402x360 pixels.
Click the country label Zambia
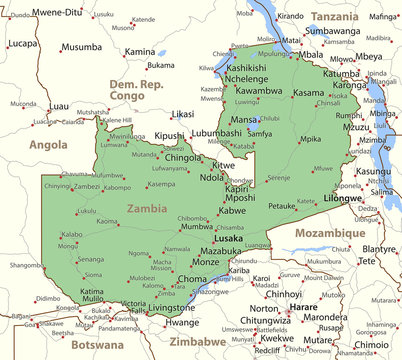(147, 209)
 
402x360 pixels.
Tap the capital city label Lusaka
(228, 239)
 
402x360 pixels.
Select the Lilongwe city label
(343, 199)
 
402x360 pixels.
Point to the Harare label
(304, 306)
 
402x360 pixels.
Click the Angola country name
(48, 144)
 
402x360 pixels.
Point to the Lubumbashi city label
(217, 133)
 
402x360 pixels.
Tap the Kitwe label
(224, 164)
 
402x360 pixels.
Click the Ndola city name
(212, 177)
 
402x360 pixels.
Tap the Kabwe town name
(232, 211)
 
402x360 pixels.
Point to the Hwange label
(182, 323)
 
